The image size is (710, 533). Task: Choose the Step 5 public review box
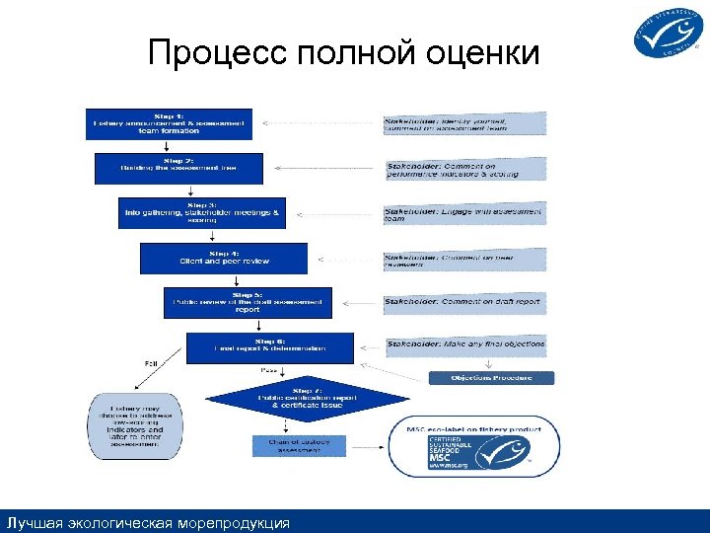point(248,303)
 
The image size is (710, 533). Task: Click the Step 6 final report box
point(269,347)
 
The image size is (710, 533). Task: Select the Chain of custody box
point(300,447)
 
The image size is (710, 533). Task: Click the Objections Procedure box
point(491,378)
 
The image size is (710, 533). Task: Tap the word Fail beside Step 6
point(152,364)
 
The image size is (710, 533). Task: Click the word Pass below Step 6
point(268,370)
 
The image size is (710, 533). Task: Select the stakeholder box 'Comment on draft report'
point(463,302)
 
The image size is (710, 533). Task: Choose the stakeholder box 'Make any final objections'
point(463,345)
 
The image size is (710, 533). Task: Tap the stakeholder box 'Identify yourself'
point(463,123)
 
